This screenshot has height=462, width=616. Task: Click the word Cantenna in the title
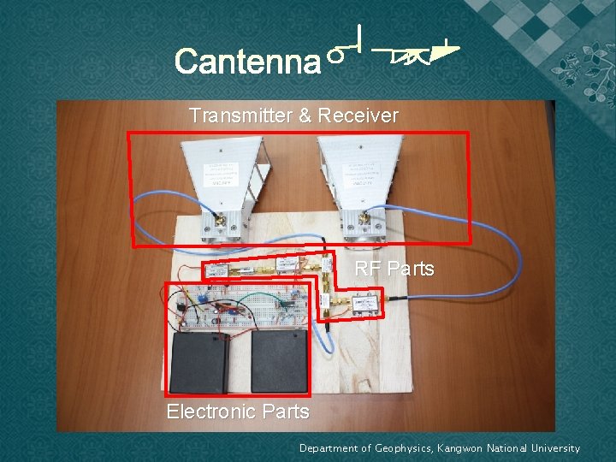[246, 62]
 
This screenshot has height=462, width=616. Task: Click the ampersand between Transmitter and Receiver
[305, 115]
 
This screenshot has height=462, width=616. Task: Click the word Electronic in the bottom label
[207, 412]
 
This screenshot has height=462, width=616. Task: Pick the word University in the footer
[553, 448]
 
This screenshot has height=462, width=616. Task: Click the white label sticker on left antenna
[221, 175]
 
